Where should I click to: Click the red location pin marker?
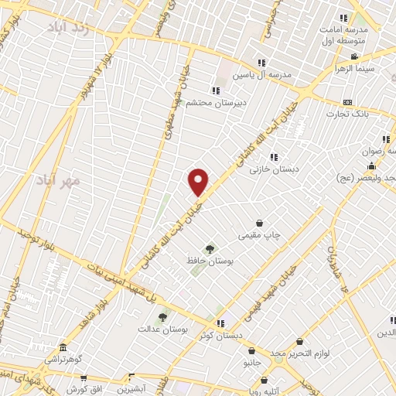pos(199,182)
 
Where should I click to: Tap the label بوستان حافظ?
pos(210,261)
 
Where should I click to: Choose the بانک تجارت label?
pos(344,114)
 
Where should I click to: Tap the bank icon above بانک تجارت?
pos(347,102)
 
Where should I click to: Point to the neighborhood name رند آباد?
pos(72,29)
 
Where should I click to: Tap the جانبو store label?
pos(252,362)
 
